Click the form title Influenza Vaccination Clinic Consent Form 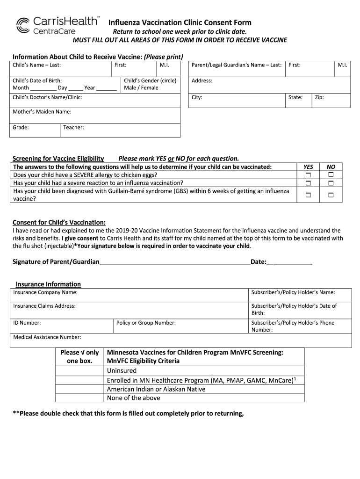pyautogui.click(x=180, y=22)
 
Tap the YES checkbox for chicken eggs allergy pyautogui.click(x=308, y=175)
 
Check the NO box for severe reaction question pyautogui.click(x=331, y=183)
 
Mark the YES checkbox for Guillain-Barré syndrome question pyautogui.click(x=308, y=195)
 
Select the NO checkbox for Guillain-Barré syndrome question pyautogui.click(x=331, y=195)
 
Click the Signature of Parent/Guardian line pyautogui.click(x=175, y=262)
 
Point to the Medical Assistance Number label pyautogui.click(x=47, y=337)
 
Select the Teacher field pyautogui.click(x=120, y=130)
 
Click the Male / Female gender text pyautogui.click(x=141, y=88)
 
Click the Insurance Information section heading pyautogui.click(x=48, y=284)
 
